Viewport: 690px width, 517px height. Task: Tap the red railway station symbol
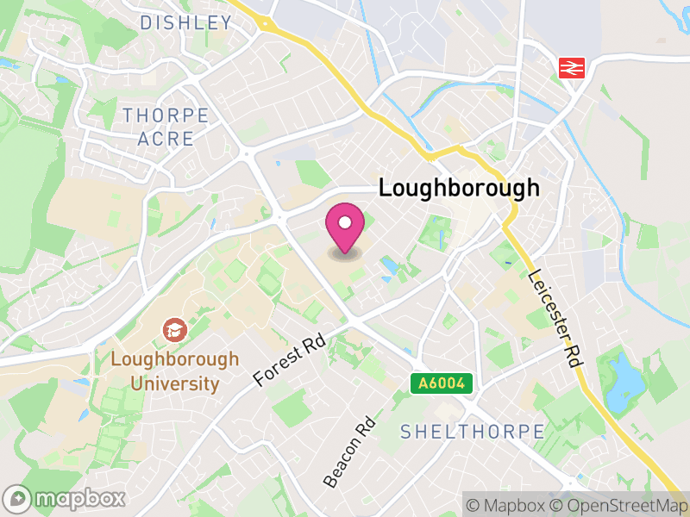coord(572,67)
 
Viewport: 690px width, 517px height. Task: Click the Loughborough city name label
coord(459,188)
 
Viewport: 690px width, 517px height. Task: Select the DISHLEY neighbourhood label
coord(185,23)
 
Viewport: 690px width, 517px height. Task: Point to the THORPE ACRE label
coord(166,127)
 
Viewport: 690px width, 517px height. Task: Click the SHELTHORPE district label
coord(473,432)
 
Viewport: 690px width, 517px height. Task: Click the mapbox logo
coord(66,498)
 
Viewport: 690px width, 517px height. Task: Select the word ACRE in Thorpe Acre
coord(165,139)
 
